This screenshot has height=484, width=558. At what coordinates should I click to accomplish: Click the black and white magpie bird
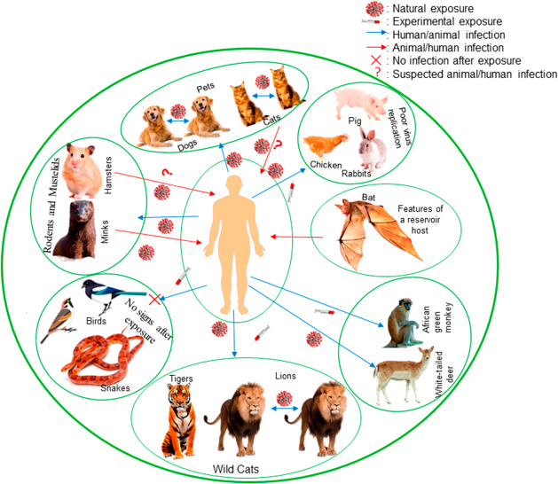pyautogui.click(x=103, y=296)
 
